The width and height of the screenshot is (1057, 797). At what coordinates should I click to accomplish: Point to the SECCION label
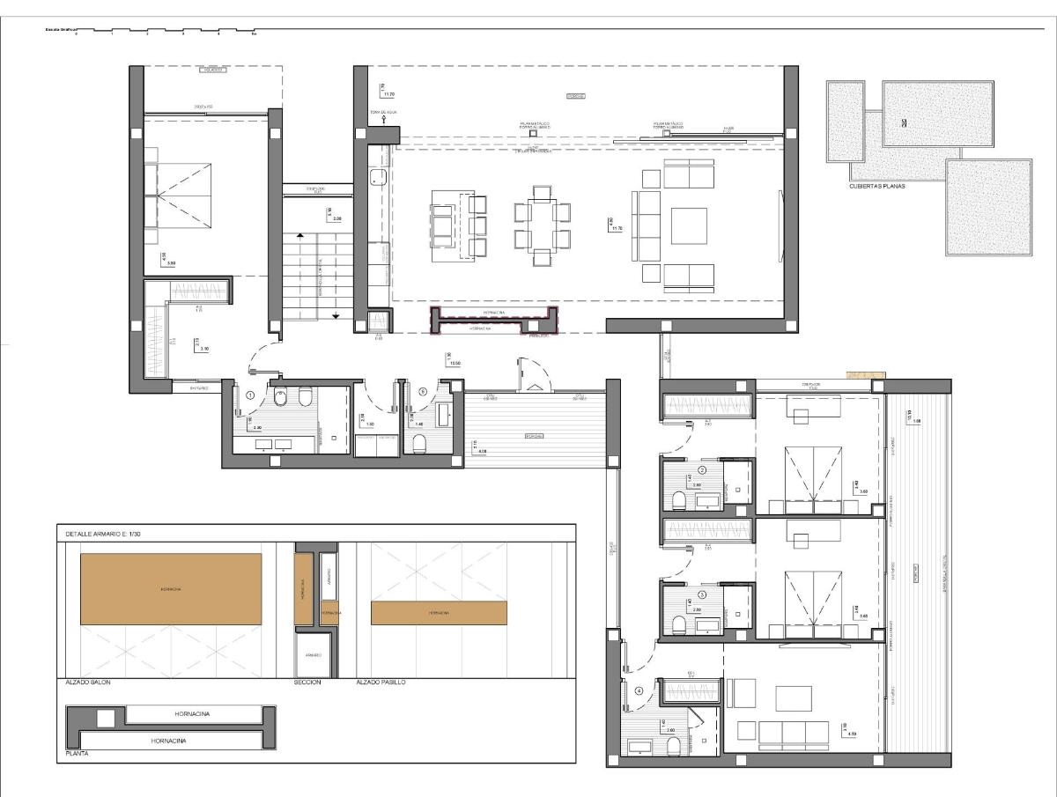[307, 682]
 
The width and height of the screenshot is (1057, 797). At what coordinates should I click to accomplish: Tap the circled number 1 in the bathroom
[251, 396]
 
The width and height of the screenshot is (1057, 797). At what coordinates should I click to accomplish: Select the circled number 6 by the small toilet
[423, 392]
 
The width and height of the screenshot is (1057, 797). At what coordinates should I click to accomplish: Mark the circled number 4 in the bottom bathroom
[639, 690]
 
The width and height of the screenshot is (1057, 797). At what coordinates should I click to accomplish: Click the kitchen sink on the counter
[379, 177]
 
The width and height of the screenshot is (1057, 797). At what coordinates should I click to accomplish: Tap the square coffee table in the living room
[689, 225]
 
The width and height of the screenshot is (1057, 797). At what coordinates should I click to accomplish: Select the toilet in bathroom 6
[419, 442]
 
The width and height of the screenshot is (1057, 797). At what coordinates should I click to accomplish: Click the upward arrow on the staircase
[301, 236]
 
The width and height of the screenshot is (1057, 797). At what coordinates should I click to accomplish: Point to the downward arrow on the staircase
[336, 314]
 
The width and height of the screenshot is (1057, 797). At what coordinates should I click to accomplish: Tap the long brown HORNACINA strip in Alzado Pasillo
[439, 613]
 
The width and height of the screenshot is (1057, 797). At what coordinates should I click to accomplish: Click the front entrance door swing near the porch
[530, 373]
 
